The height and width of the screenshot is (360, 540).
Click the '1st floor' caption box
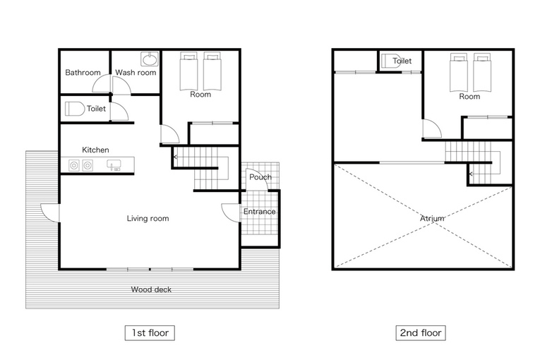tap(150, 332)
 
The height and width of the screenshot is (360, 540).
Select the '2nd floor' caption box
tap(421, 332)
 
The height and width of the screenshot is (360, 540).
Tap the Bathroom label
tap(83, 72)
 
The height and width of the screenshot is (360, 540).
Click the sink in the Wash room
tap(150, 59)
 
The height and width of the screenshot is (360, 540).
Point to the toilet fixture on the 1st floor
tap(75, 109)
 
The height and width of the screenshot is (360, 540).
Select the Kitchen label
tap(95, 150)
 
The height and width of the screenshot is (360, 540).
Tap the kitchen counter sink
tap(114, 165)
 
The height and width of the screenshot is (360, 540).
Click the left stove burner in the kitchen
tap(73, 165)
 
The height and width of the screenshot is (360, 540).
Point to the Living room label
tap(148, 218)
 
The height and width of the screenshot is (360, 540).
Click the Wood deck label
tap(151, 289)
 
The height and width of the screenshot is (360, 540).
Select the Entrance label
tap(259, 211)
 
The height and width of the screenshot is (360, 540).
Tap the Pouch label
tap(260, 177)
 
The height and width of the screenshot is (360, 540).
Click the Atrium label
tap(432, 218)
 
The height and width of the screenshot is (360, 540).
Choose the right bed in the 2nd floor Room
tap(482, 72)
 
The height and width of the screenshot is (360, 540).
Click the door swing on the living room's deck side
tap(50, 213)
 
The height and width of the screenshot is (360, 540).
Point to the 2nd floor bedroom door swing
tap(432, 129)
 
